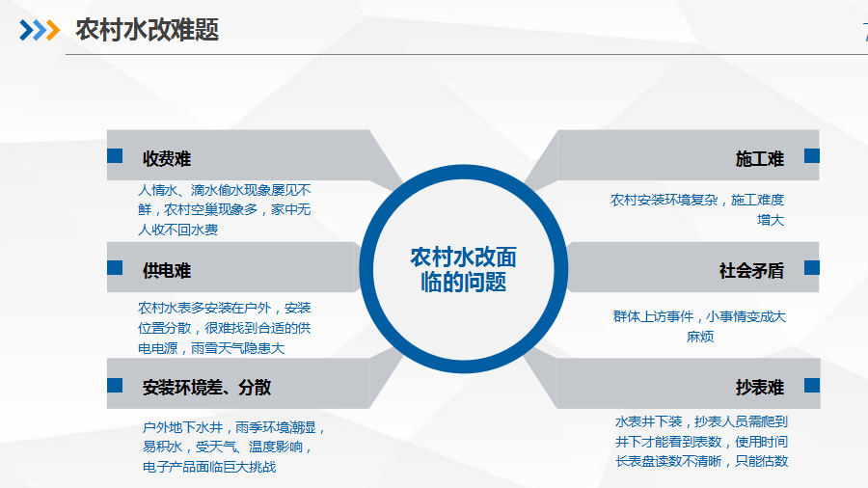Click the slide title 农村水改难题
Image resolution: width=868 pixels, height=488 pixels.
(148, 30)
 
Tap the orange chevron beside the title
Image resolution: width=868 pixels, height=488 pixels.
(53, 30)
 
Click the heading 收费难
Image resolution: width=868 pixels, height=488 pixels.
(167, 159)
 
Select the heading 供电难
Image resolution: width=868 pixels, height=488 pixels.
(167, 271)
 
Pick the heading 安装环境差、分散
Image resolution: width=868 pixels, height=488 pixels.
(206, 388)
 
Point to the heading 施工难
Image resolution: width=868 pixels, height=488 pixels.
(760, 159)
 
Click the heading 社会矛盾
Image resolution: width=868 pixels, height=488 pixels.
(751, 271)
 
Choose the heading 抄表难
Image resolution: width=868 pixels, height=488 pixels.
(760, 388)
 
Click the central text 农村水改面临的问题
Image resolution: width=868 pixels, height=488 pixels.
(463, 269)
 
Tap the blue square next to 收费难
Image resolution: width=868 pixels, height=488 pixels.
(115, 156)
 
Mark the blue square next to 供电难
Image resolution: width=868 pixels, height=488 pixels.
(115, 268)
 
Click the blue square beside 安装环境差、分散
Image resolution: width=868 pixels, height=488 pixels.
(115, 385)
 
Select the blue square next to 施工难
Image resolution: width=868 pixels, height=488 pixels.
(811, 156)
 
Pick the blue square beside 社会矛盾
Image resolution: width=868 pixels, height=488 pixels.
(811, 268)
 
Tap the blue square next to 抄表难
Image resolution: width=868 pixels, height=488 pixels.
(811, 385)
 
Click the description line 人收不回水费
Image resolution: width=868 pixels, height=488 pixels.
(177, 230)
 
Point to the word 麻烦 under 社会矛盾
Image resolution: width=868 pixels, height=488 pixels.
(700, 337)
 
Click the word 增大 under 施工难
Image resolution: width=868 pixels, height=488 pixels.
(771, 220)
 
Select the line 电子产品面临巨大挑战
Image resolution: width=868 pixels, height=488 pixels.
(209, 467)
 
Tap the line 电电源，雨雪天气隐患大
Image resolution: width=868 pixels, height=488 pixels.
(211, 348)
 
